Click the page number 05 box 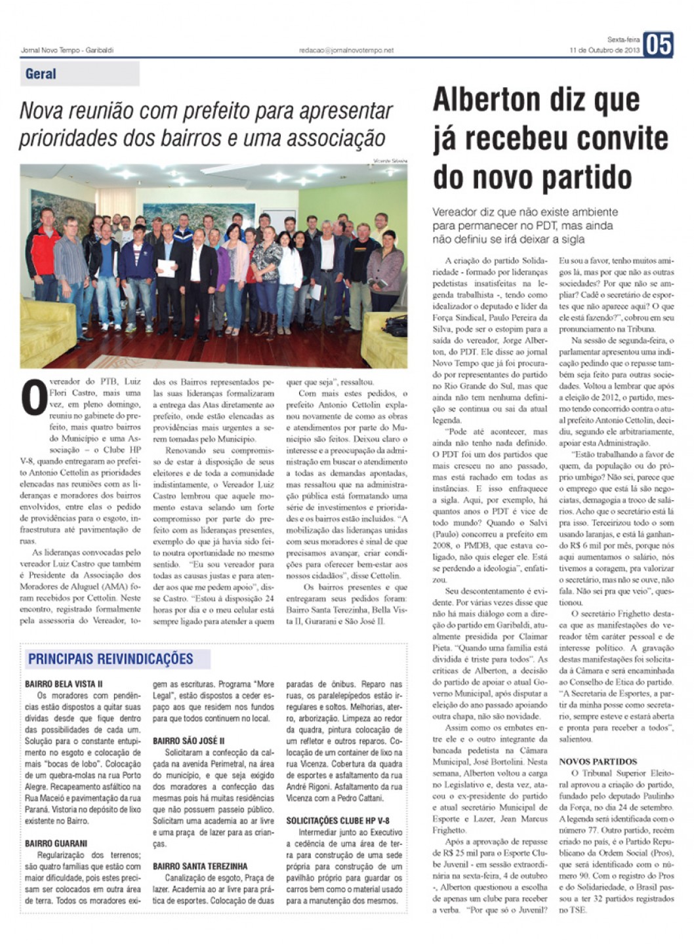pyautogui.click(x=658, y=45)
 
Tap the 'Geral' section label pyautogui.click(x=41, y=74)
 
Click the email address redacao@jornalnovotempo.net pyautogui.click(x=346, y=50)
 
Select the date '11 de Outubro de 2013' pyautogui.click(x=604, y=50)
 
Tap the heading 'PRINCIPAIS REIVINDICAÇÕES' pyautogui.click(x=110, y=659)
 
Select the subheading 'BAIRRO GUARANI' pyautogui.click(x=56, y=843)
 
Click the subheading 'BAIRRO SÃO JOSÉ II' pyautogui.click(x=188, y=741)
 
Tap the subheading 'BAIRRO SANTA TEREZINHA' pyautogui.click(x=200, y=866)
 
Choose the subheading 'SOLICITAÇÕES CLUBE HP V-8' pyautogui.click(x=337, y=820)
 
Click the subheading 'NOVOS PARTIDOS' pyautogui.click(x=598, y=762)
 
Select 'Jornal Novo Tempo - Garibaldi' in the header pyautogui.click(x=67, y=50)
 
